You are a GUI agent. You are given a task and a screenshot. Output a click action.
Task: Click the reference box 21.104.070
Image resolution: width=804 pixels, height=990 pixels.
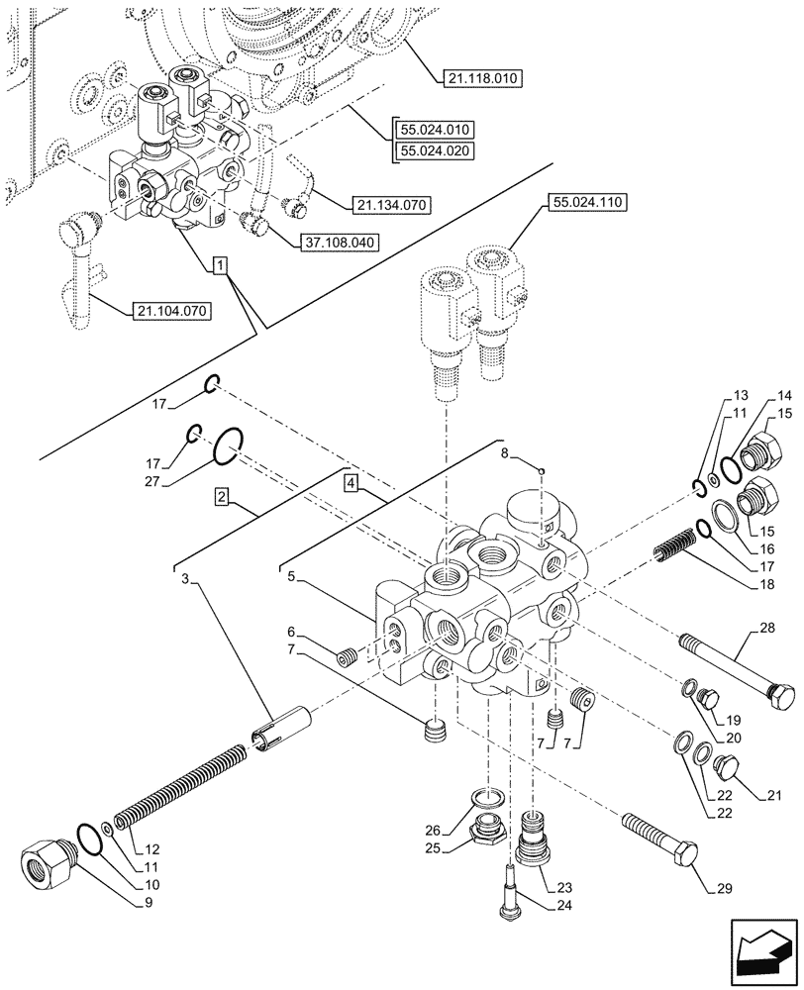(x=172, y=311)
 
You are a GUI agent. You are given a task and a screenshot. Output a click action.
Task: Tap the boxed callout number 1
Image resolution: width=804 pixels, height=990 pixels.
(x=219, y=266)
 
